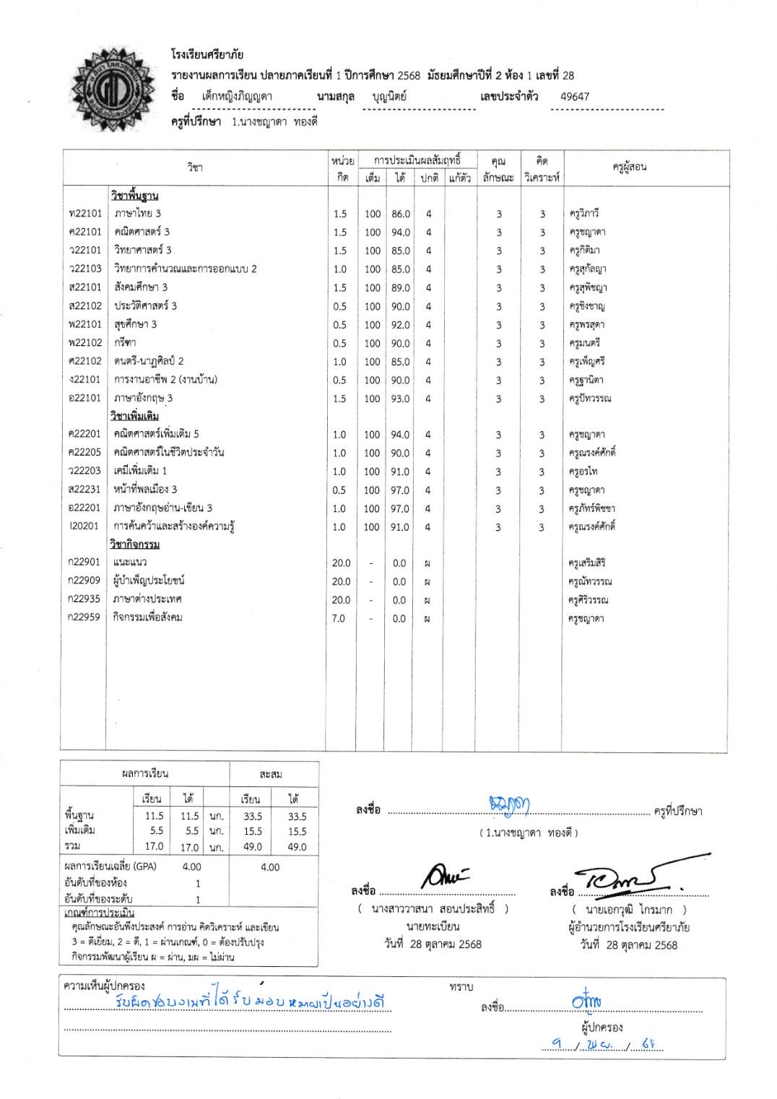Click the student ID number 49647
[x=574, y=96]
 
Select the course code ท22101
[x=85, y=213]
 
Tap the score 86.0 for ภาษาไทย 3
[x=401, y=214]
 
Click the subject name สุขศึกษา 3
[x=135, y=324]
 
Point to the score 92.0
[x=401, y=325]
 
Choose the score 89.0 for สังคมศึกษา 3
[x=401, y=287]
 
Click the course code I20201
[x=84, y=526]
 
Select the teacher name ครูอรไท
[x=583, y=472]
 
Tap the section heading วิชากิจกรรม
[x=135, y=544]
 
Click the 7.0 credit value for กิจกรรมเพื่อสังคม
[x=339, y=618]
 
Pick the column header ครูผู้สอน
[x=629, y=167]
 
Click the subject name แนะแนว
[x=130, y=562]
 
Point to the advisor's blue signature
[x=510, y=804]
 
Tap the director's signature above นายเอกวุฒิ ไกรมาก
[x=628, y=875]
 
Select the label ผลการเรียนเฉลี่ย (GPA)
[x=110, y=866]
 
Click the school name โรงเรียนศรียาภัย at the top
[x=207, y=54]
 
